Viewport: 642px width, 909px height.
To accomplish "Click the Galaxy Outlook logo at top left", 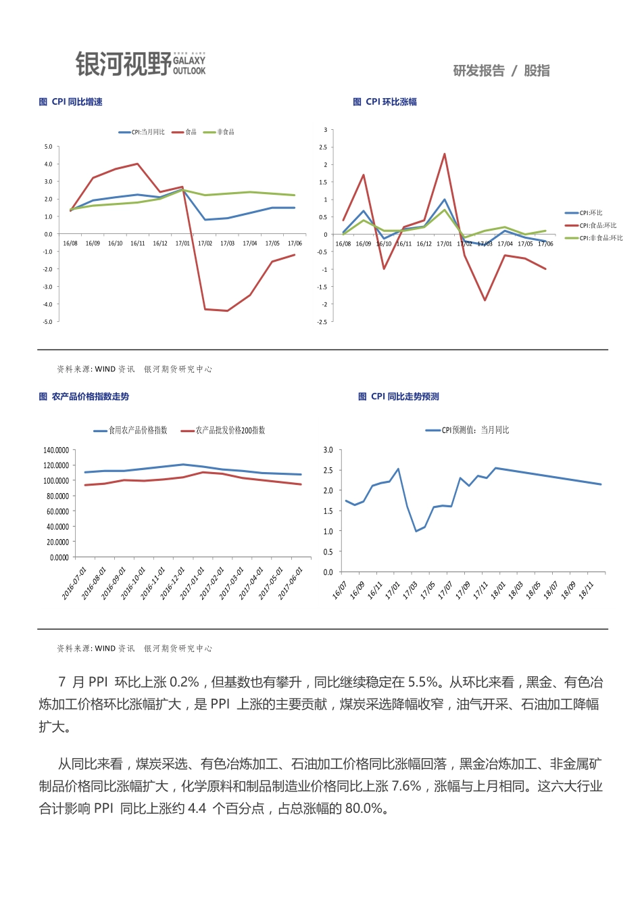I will click(141, 64).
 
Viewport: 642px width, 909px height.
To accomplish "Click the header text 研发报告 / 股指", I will click(501, 71).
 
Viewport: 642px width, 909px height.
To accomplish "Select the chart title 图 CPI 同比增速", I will click(70, 102).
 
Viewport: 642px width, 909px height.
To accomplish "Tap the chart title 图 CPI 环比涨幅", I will click(385, 102).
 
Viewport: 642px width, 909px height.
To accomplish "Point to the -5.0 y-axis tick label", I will click(48, 322).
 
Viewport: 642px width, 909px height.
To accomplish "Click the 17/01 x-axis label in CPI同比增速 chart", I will click(182, 243).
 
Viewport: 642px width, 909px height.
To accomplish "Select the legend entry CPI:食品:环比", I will click(597, 225).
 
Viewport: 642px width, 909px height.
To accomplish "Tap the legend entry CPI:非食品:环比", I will click(601, 238).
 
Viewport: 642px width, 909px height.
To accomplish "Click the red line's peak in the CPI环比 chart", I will click(445, 154).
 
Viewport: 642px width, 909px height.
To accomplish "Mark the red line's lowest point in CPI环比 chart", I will click(485, 300).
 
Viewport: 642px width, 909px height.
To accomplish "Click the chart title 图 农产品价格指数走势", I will click(84, 397).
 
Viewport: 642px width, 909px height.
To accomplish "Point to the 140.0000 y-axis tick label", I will click(56, 450).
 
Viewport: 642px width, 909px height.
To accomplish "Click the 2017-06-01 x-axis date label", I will click(292, 582).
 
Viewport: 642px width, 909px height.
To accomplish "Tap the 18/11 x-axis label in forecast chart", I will click(586, 590).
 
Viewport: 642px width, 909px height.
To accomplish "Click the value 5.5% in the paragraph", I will click(423, 682).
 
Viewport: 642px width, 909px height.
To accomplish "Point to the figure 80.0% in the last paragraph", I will click(365, 808).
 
